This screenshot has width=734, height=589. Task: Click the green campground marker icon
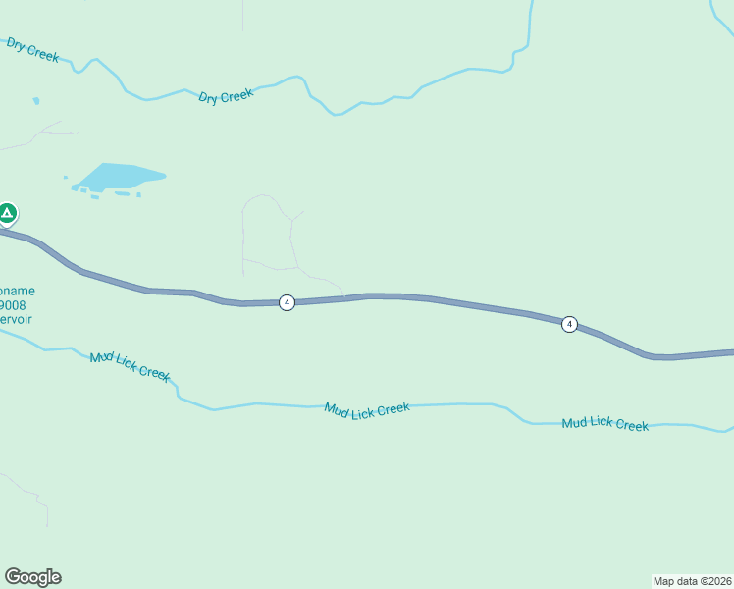(x=7, y=212)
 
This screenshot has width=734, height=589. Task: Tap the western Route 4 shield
(x=287, y=302)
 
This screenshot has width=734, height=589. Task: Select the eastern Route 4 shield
(x=569, y=324)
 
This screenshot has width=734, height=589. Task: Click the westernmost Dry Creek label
(x=32, y=50)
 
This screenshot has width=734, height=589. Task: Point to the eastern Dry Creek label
(x=226, y=96)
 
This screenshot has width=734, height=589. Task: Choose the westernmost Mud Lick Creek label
(x=131, y=366)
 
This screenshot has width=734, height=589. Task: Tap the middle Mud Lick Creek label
(x=367, y=408)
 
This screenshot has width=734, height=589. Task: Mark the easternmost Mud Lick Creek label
(x=604, y=424)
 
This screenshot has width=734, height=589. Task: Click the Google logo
(x=32, y=577)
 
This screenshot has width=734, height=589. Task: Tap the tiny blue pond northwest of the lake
(x=36, y=100)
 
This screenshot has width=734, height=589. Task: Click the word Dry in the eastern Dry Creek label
(x=208, y=98)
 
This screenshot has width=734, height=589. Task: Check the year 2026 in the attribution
(x=716, y=580)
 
